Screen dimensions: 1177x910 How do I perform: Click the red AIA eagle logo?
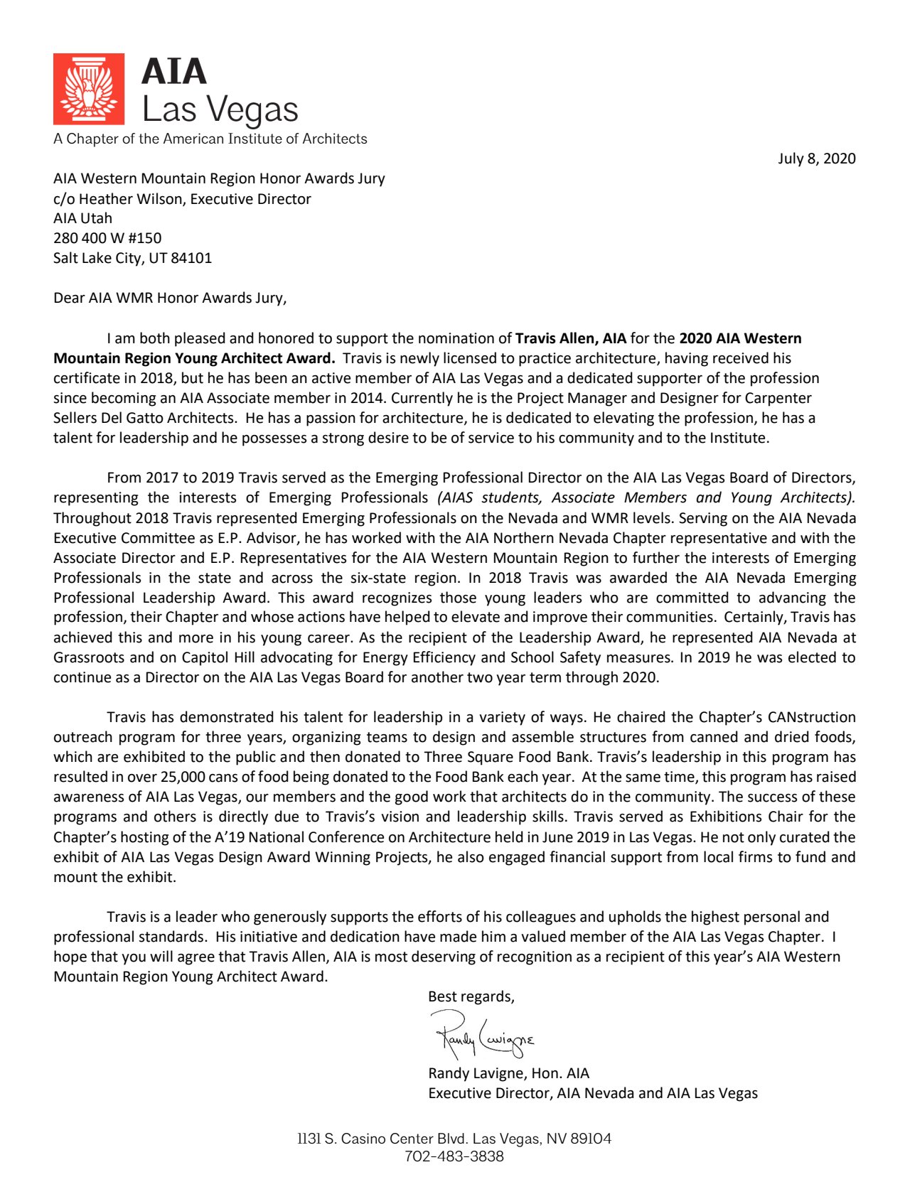coord(89,89)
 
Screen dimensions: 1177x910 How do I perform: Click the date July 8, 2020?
coord(816,158)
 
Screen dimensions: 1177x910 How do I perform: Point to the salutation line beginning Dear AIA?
coord(170,298)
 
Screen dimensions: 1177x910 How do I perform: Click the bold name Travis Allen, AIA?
coord(570,338)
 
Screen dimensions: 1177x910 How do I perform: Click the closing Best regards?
coord(471,996)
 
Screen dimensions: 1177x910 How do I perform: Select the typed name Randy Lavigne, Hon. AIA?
coord(508,1073)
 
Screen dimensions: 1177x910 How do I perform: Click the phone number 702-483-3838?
coord(454,1156)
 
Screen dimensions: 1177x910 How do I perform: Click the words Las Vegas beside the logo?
coord(220,110)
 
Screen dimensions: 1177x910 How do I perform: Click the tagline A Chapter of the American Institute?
coord(210,139)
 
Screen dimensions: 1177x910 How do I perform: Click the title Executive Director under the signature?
coord(490,1093)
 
